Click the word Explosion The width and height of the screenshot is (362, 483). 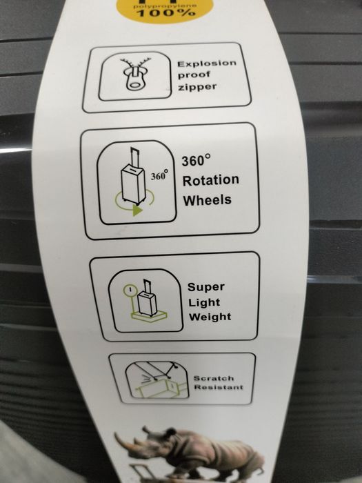tap(207, 63)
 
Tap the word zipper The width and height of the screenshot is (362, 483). tap(197, 87)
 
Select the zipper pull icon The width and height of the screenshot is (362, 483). tap(135, 75)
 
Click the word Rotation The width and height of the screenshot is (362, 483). tap(211, 180)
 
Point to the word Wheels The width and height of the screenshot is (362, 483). tap(207, 200)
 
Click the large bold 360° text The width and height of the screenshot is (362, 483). tap(196, 161)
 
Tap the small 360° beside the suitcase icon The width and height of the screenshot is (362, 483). tap(159, 175)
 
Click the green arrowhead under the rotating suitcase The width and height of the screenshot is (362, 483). tap(137, 210)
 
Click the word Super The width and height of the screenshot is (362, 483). tap(206, 287)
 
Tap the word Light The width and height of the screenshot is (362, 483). tap(204, 302)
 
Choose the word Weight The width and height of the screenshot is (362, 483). tap(210, 317)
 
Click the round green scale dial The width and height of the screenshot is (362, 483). tap(130, 290)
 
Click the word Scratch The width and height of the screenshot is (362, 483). tap(214, 378)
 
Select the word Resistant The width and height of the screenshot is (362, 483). tap(219, 387)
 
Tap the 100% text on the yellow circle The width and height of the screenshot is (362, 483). tap(166, 13)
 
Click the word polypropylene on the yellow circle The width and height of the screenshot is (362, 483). tap(165, 6)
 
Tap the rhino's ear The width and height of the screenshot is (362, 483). tap(170, 431)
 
